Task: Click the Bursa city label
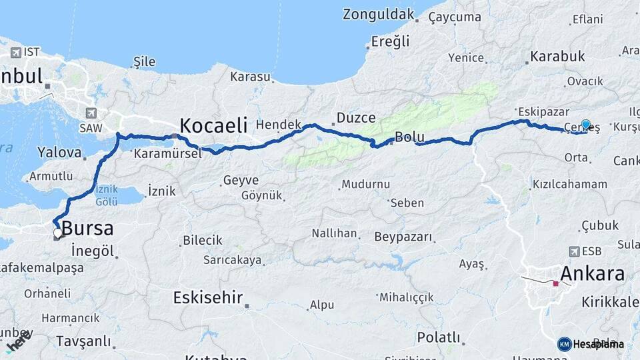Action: click(87, 229)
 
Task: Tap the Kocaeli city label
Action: click(213, 125)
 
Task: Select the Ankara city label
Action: click(592, 273)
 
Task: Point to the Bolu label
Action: click(409, 137)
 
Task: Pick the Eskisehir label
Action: click(207, 297)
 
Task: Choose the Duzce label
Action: click(357, 118)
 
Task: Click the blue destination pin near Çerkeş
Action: click(586, 125)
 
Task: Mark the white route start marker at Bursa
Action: click(58, 233)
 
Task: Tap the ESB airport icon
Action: click(574, 251)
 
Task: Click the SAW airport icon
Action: click(91, 113)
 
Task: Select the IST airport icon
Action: click(15, 52)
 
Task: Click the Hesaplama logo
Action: click(591, 344)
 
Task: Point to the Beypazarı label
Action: click(403, 237)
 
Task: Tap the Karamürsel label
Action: click(158, 153)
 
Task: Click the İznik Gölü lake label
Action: click(107, 195)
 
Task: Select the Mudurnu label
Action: click(365, 185)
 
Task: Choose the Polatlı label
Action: click(439, 337)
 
